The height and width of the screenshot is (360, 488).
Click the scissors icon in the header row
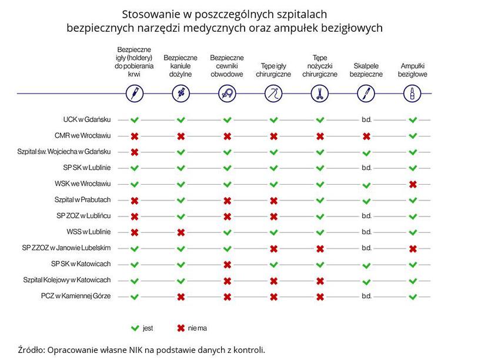(x=320, y=94)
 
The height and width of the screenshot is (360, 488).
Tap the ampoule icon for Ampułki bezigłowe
(x=412, y=94)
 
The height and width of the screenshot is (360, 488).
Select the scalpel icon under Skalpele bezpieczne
(x=366, y=94)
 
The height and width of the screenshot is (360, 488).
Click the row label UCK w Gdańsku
(x=87, y=119)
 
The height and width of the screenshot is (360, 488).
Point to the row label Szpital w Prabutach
(x=82, y=199)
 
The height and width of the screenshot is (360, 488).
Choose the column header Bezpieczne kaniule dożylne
(x=181, y=66)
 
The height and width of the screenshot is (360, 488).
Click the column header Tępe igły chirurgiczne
(x=273, y=70)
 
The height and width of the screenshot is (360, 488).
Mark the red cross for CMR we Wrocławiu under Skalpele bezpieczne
(x=366, y=136)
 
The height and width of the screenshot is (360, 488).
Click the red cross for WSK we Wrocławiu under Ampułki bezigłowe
(x=413, y=184)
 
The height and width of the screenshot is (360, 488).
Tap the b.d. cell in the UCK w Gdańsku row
(x=367, y=119)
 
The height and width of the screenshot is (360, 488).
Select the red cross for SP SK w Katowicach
(x=227, y=264)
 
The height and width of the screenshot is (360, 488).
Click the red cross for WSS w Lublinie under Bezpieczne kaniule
(x=181, y=232)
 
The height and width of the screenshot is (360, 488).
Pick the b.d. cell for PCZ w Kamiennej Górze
(x=367, y=296)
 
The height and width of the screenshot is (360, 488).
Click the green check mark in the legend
(x=135, y=328)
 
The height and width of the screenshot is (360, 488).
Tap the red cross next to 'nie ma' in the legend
(x=181, y=328)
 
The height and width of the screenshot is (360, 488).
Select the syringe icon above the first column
(x=135, y=94)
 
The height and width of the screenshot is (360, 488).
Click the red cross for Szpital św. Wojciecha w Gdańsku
(x=135, y=152)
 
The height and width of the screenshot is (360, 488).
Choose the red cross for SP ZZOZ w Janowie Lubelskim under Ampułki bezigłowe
(x=413, y=248)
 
